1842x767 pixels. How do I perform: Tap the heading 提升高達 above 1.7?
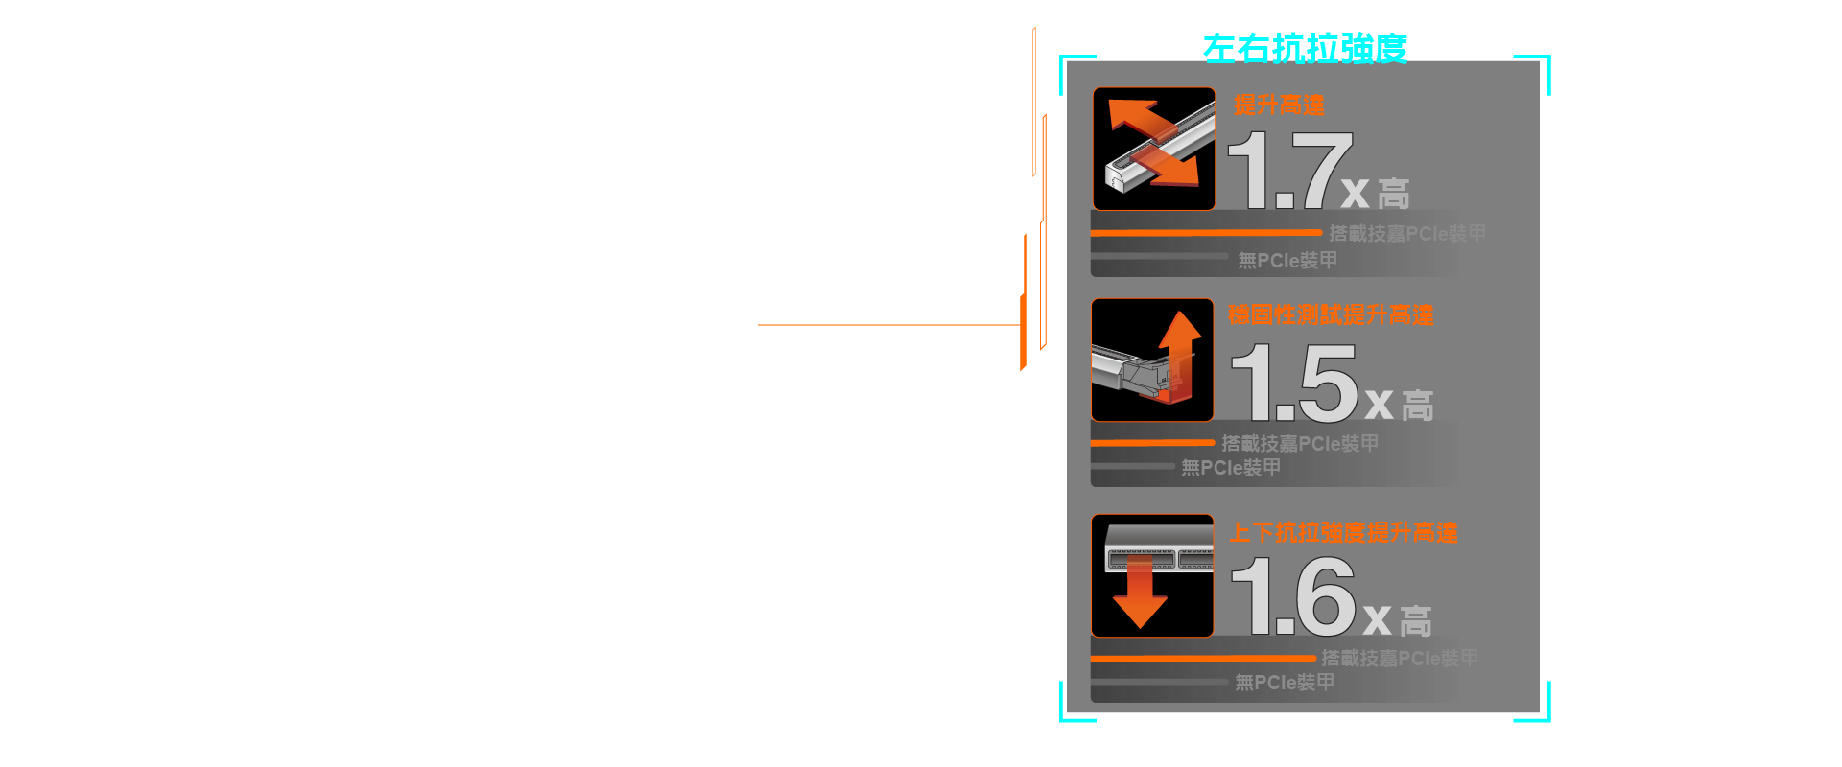coord(1279,105)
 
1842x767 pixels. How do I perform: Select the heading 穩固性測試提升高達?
coord(1331,314)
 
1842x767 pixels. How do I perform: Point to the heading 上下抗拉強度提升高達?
coord(1343,532)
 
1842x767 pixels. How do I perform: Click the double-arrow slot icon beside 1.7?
coord(1154,149)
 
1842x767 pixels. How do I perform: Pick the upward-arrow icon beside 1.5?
coord(1152,360)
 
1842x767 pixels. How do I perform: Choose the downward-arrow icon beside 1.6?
coord(1152,575)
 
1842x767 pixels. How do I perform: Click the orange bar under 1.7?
coord(1206,233)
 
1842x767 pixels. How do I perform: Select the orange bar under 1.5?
coord(1152,443)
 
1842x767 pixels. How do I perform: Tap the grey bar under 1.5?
coord(1132,467)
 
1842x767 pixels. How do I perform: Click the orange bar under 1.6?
coord(1203,659)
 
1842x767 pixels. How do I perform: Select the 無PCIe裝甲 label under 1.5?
coord(1231,468)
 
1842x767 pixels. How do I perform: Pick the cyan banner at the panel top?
coord(1305,46)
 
